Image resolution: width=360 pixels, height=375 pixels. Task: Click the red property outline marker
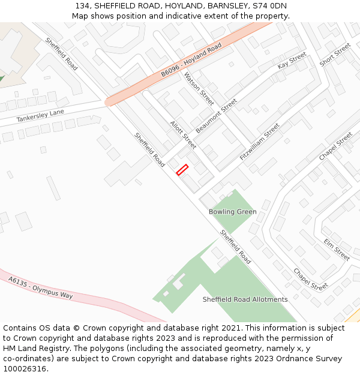click(x=182, y=170)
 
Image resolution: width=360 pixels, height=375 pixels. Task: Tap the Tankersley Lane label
click(x=40, y=116)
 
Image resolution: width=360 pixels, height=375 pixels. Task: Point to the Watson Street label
click(x=199, y=89)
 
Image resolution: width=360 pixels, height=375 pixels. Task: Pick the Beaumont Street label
click(x=217, y=116)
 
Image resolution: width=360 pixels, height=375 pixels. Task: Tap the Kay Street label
click(x=292, y=61)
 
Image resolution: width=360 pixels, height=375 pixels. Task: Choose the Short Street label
click(x=335, y=55)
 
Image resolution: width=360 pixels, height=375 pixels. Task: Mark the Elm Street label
click(x=337, y=250)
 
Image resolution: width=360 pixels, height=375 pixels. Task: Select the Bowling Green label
click(x=232, y=212)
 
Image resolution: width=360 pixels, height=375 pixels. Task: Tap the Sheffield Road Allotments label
click(x=245, y=299)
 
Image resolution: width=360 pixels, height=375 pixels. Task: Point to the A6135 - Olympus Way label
click(x=40, y=288)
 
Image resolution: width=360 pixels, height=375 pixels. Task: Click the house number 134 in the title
click(x=82, y=6)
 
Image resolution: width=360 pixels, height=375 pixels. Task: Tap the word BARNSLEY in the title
click(x=226, y=6)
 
